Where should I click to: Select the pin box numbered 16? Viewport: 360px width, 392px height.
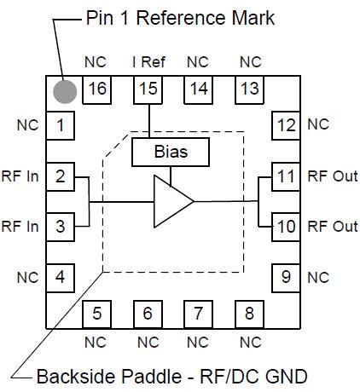tap(96, 89)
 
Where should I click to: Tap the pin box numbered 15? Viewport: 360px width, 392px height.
tap(148, 89)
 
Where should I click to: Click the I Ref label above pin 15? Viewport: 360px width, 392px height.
tap(148, 62)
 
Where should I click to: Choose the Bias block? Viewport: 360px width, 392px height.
tap(171, 153)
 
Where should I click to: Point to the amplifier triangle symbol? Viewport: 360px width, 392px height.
tap(171, 202)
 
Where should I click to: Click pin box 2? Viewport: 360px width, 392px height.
tap(60, 177)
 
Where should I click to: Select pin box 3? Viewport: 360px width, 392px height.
tap(60, 227)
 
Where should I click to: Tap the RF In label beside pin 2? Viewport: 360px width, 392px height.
tap(20, 177)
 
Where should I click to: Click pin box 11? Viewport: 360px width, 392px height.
tap(285, 177)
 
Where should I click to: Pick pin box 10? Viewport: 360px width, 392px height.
tap(285, 227)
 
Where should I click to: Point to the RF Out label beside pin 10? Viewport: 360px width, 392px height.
tap(332, 227)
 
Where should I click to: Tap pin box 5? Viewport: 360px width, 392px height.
tap(96, 313)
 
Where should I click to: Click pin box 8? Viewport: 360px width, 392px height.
tap(249, 313)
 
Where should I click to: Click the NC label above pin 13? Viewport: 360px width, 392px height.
tap(250, 62)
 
